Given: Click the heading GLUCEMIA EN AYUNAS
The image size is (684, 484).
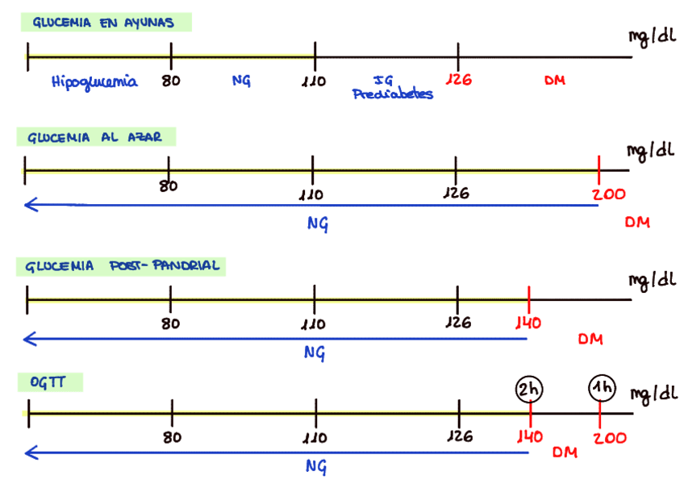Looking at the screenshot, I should click(103, 23).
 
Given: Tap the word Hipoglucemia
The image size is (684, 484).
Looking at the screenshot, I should click(94, 81).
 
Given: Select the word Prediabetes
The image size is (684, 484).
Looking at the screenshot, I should click(393, 94).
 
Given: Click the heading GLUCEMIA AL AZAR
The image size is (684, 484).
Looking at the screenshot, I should click(95, 137).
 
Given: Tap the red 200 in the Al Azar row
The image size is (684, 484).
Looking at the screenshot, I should click(607, 194).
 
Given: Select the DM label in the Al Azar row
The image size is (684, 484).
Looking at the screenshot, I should click(637, 223).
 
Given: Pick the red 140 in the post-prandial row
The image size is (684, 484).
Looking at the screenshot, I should click(528, 323).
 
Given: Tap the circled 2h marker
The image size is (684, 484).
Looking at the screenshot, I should click(530, 389).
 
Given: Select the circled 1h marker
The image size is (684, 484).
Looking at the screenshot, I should click(602, 389).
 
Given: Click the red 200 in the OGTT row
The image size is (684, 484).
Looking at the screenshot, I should click(610, 437).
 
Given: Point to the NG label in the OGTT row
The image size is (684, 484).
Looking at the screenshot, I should click(316, 466).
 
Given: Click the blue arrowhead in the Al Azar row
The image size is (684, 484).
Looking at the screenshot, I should click(29, 205).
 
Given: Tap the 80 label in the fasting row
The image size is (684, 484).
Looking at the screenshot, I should click(170, 81).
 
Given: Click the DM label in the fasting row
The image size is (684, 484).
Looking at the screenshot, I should click(554, 80).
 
